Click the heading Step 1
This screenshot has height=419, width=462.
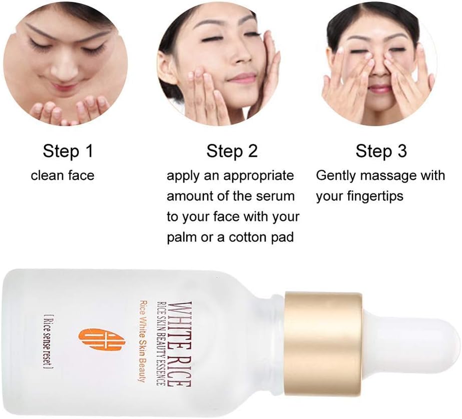pyautogui.click(x=68, y=151)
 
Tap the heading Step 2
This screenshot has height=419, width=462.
pyautogui.click(x=232, y=151)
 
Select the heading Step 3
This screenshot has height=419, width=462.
pyautogui.click(x=381, y=151)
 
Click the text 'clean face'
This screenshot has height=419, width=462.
pyautogui.click(x=62, y=176)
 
